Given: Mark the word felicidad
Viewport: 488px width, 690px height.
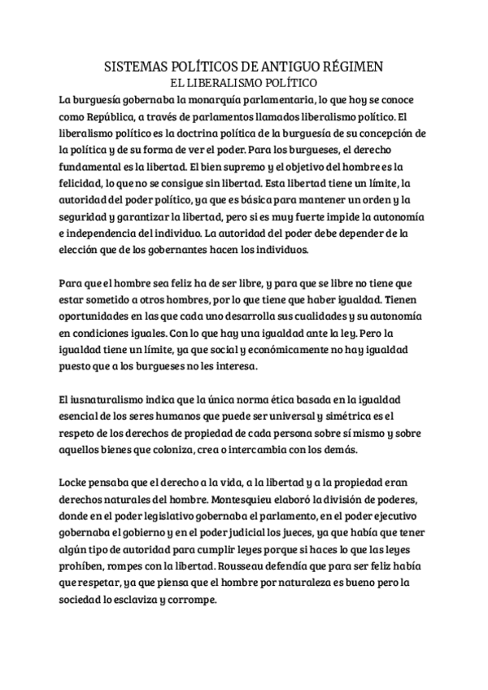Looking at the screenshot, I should point(84,184).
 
